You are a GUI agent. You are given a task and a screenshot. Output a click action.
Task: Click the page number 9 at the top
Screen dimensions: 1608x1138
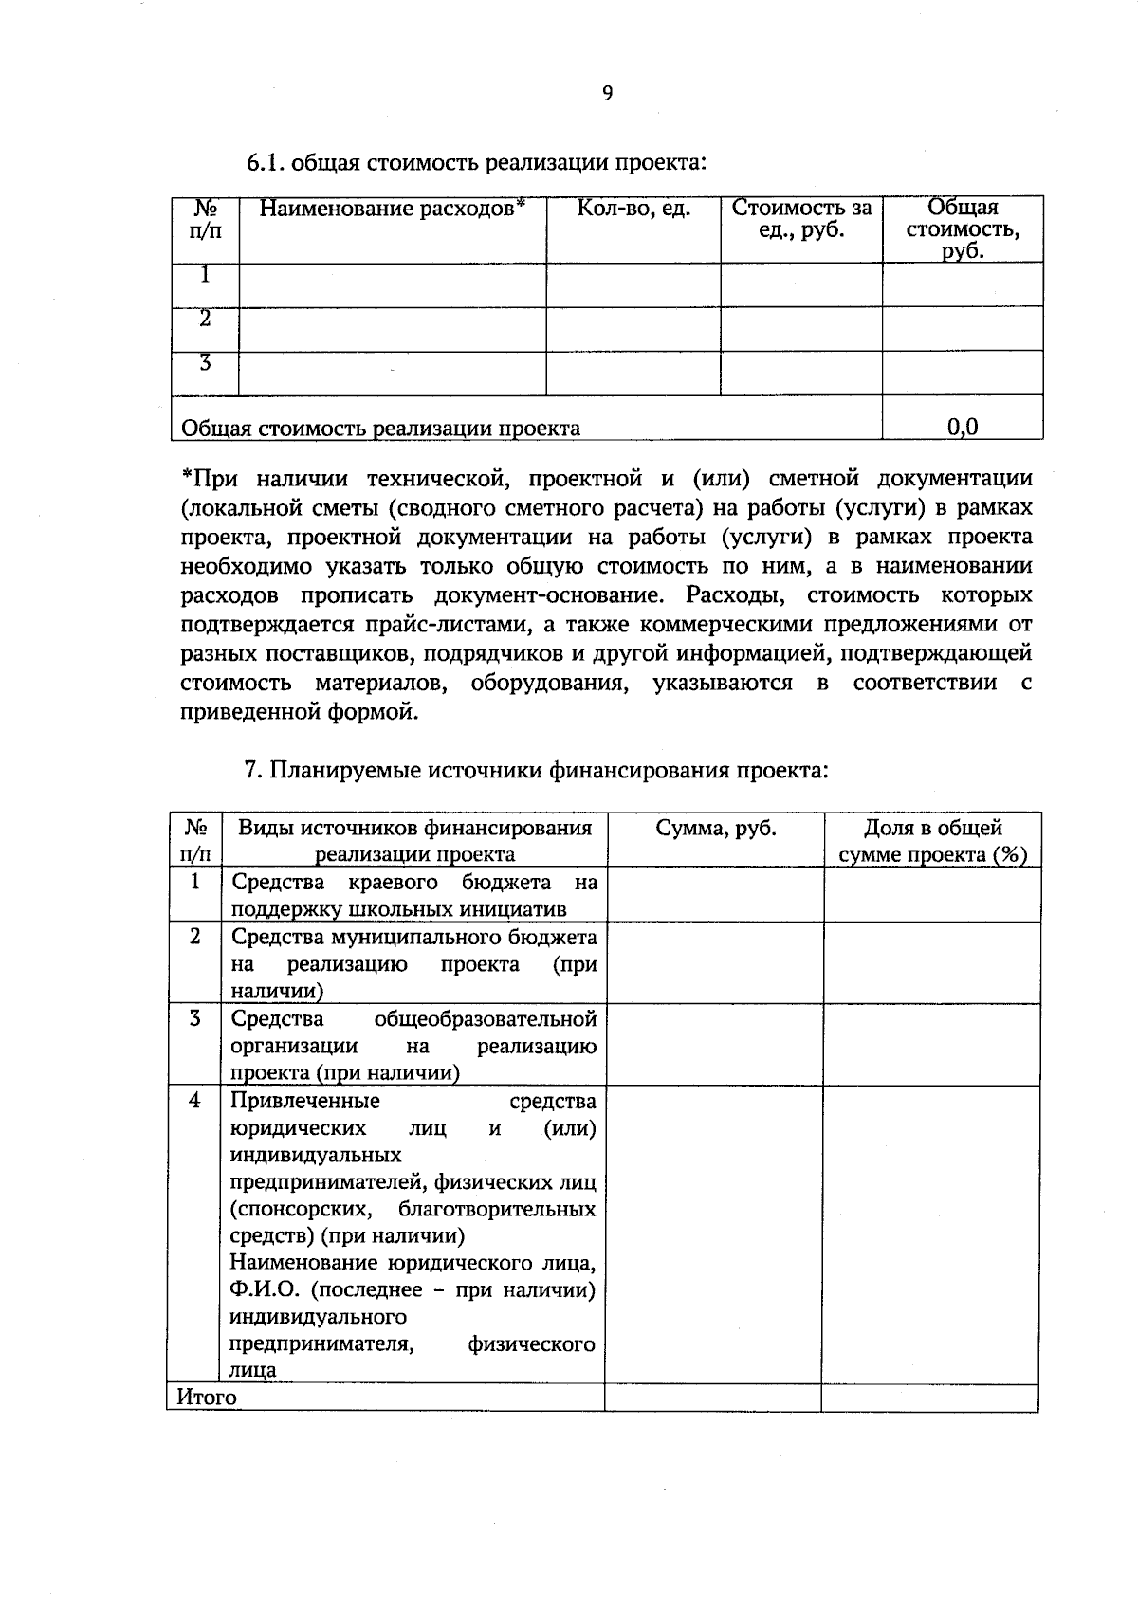point(607,93)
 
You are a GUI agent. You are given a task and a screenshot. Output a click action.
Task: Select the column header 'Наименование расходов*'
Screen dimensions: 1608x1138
point(392,209)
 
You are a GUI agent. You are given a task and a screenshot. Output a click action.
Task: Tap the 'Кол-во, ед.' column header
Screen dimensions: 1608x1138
point(633,209)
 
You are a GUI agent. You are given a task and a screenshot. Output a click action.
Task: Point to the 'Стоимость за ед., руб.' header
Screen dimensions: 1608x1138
point(801,219)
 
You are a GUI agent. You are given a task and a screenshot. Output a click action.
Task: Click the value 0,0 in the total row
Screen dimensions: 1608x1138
point(963,428)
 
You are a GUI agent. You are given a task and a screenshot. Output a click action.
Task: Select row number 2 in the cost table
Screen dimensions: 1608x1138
point(205,320)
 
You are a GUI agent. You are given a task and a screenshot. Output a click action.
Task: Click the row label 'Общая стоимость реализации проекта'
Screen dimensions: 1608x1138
point(380,429)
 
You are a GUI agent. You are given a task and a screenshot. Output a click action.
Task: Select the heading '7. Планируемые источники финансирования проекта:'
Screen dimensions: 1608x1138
point(537,770)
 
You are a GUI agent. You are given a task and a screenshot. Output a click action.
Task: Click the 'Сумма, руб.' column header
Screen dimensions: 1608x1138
point(716,829)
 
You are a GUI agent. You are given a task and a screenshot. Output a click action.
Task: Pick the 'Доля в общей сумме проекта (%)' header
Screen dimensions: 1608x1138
point(932,841)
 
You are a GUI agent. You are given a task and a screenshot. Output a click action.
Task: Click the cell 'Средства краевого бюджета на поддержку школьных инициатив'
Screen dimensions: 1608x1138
point(414,896)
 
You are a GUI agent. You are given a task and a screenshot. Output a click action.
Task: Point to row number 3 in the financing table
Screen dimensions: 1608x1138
point(194,1019)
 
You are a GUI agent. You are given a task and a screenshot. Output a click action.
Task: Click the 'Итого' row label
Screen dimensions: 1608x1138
point(207,1398)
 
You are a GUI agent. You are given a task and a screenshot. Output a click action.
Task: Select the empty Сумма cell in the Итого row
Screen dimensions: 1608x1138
point(713,1398)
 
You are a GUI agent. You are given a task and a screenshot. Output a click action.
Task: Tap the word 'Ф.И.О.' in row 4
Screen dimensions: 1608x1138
point(265,1290)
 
